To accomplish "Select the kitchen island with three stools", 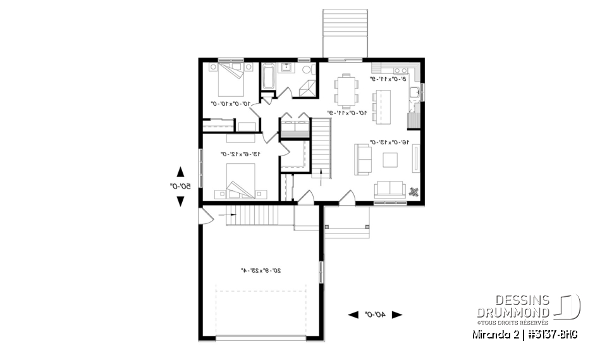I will tap(381, 105).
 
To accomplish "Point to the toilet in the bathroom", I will tap(307, 70).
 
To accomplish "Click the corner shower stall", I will tap(308, 89).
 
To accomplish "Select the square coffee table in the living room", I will tap(390, 161).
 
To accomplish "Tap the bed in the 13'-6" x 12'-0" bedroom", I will tap(240, 180).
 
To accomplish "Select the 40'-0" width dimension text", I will tap(375, 314).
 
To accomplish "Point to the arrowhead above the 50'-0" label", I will tap(180, 171).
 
